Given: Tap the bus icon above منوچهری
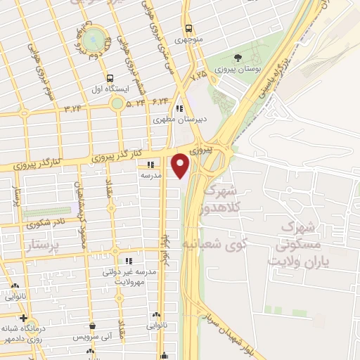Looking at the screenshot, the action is point(188,29).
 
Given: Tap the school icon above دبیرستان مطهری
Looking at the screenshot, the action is point(179,108).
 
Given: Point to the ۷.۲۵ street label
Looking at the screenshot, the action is point(200,74).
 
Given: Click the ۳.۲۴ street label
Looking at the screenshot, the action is point(73,108).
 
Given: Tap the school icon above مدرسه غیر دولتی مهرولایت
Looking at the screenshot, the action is point(127,260).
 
